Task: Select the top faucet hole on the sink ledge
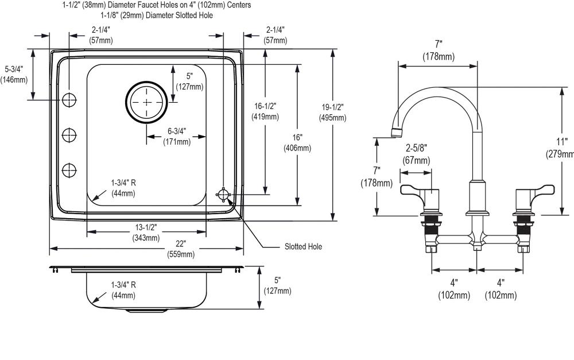pos(69,99)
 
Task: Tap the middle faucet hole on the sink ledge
pos(69,136)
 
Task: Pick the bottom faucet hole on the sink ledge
pos(69,171)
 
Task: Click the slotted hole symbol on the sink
pos(223,195)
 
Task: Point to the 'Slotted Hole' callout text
pos(303,246)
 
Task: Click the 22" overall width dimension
pos(181,249)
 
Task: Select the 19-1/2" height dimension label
pos(332,113)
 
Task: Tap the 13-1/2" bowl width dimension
pos(146,232)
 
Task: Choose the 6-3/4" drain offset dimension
pos(177,136)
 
